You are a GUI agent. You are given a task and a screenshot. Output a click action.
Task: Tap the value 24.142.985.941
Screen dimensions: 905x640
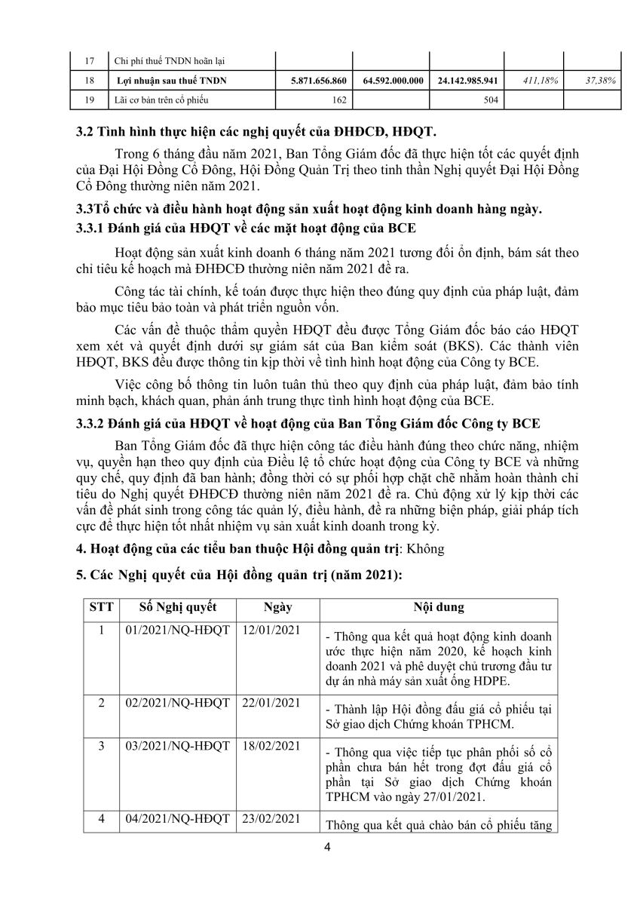467,80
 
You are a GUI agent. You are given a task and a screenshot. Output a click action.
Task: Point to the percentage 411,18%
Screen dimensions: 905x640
539,80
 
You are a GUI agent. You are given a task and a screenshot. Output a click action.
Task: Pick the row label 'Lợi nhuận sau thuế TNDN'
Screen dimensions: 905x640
173,80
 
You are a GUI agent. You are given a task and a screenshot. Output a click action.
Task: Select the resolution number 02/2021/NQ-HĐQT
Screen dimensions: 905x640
177,703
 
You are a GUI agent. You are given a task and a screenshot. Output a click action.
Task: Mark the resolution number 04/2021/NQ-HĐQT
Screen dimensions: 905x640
177,818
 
